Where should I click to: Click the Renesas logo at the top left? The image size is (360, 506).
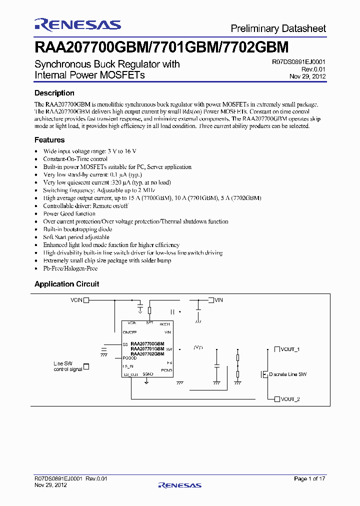coord(77,24)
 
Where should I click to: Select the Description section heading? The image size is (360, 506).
coord(54,93)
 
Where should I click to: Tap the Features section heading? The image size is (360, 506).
coord(49,140)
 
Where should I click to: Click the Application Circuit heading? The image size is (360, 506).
coord(66,284)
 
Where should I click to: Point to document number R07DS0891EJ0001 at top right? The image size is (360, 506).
coord(299,62)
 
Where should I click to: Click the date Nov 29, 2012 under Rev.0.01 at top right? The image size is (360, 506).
coord(307,76)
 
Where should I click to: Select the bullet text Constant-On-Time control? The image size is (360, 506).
coord(75,159)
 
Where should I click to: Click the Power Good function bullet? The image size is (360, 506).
coord(69,213)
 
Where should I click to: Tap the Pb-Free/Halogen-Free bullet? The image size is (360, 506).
coord(70,268)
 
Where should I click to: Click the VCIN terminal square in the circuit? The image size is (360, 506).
coord(86,300)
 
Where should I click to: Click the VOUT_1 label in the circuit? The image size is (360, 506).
coord(290,349)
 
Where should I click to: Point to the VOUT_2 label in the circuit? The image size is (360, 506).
coord(290,399)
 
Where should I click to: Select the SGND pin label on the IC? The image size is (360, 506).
coord(147,373)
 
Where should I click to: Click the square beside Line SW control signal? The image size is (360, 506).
coord(86,366)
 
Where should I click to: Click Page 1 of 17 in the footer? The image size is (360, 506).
coord(309,479)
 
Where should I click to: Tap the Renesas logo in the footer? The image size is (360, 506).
coord(179,485)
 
